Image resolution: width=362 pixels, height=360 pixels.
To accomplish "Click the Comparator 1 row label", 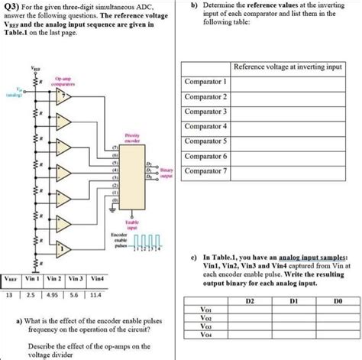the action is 205,81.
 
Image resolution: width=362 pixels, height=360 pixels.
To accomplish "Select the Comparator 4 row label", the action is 205,125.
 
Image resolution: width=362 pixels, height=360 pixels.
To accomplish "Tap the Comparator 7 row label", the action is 205,170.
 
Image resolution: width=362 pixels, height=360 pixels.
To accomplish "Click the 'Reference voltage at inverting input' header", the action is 288,66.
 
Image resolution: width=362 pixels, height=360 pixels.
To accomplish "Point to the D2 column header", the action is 249,301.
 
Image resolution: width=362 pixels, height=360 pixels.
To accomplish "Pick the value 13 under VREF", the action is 10,294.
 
